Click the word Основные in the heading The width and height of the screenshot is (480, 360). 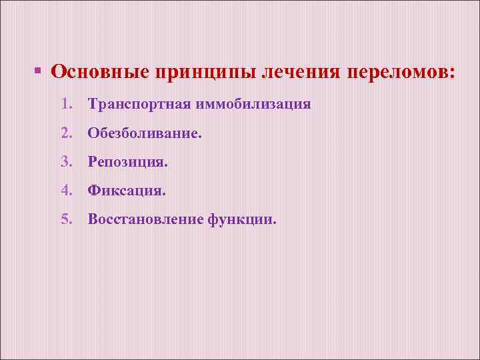pos(100,72)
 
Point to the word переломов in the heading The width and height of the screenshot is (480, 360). pos(397,72)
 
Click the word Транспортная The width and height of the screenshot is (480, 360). pos(139,105)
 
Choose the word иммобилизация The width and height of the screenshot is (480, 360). pos(253,105)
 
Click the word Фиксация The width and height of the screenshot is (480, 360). pos(125,191)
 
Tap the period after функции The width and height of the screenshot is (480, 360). pos(273,224)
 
